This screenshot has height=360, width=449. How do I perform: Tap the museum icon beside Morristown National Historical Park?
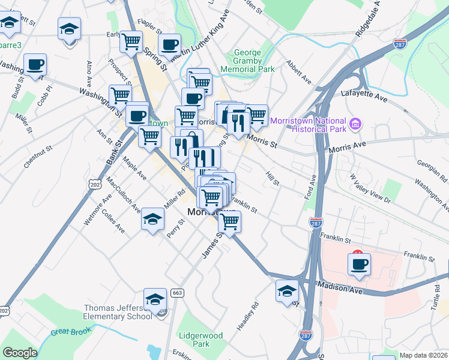[x=355, y=124]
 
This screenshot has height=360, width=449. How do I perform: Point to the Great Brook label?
[x=70, y=332]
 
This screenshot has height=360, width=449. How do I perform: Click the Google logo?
[x=20, y=353]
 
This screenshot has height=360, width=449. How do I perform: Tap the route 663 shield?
[x=176, y=293]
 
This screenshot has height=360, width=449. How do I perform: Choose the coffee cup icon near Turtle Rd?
[x=359, y=264]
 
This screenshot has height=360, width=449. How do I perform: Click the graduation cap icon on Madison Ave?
[x=287, y=291]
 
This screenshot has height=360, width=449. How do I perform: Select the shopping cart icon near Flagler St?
[x=131, y=41]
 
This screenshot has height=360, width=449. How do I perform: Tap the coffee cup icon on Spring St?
[x=170, y=44]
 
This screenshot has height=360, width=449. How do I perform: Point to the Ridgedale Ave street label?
[x=367, y=20]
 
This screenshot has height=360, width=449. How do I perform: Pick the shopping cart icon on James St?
[x=229, y=221]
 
